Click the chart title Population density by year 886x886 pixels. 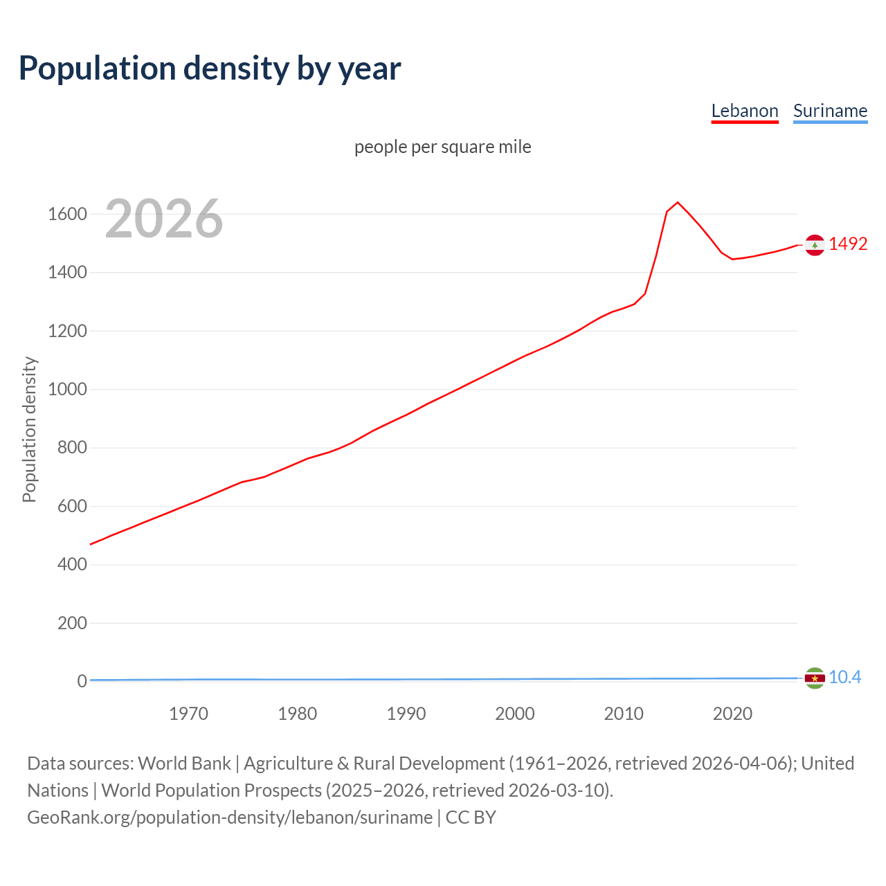coord(210,69)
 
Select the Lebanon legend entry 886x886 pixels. coord(745,111)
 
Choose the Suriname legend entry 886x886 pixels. coord(830,111)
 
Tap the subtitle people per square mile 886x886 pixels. coord(443,147)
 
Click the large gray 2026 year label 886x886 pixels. coord(164,219)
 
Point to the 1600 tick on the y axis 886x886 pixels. coord(67,214)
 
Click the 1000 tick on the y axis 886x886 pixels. coord(67,389)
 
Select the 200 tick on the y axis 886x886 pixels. coord(72,623)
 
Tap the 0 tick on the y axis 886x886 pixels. coord(82,681)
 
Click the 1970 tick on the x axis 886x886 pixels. coord(188,714)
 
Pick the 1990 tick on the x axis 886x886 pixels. coord(406,714)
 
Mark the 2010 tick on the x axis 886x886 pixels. coord(624,714)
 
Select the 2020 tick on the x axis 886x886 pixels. coord(732,714)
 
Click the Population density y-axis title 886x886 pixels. coord(29,429)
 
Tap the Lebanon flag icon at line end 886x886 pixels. coord(815,245)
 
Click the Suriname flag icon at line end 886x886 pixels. coord(815,678)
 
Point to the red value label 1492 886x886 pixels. coord(848,244)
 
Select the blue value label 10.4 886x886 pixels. coord(844,678)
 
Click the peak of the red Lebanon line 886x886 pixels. coord(678,202)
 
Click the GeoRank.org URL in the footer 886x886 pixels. coord(230,817)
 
